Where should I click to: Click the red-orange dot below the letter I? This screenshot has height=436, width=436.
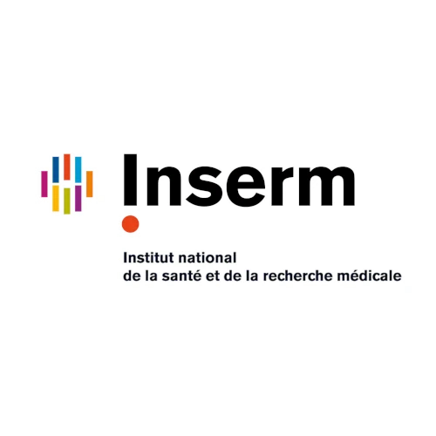click(130, 224)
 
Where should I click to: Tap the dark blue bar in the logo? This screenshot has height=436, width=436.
click(56, 169)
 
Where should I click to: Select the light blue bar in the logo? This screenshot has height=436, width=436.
click(78, 169)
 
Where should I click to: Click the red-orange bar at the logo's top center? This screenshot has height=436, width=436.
click(67, 167)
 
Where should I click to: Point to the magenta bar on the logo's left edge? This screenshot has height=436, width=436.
click(44, 184)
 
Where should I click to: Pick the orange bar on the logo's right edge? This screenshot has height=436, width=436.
click(90, 184)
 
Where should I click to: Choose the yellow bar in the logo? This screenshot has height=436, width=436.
click(56, 198)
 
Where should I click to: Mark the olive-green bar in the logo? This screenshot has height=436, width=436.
click(67, 201)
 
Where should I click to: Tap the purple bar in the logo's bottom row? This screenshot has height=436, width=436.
click(78, 198)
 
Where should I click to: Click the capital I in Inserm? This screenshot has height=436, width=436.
click(131, 180)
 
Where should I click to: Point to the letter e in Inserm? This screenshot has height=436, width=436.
click(242, 186)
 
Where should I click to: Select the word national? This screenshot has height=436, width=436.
click(208, 258)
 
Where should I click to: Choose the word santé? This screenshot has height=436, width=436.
click(181, 276)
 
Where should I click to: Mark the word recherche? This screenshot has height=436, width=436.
click(297, 276)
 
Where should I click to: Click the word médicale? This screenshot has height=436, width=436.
click(369, 276)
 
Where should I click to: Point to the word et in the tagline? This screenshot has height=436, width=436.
click(212, 276)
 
